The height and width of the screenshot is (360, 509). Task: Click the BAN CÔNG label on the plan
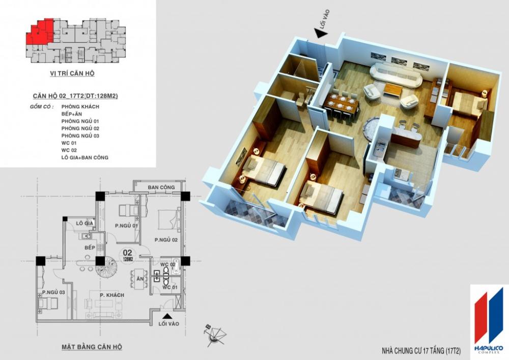coord(161,187)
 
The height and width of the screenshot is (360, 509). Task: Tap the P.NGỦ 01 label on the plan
coord(127,226)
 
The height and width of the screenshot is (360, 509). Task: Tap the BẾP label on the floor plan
coord(90,247)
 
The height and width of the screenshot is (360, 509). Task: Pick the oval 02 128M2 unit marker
coord(128,255)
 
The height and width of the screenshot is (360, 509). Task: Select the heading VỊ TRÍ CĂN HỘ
coord(72,73)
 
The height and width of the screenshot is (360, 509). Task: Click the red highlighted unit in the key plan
coord(40,35)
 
